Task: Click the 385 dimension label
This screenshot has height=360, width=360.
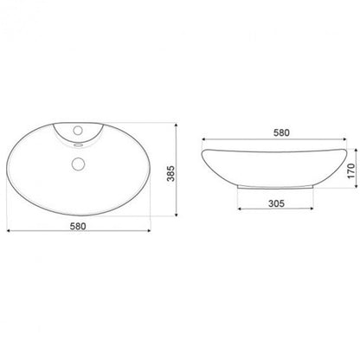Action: pos(171,173)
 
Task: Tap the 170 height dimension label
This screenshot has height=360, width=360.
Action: pos(351,170)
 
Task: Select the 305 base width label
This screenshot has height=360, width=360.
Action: pos(276,203)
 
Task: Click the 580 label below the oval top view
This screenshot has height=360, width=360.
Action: pos(78,226)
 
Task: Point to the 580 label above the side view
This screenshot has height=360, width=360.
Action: pos(281,132)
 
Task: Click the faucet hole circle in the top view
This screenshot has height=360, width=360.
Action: pos(78,131)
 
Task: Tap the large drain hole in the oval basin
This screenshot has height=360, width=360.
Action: pos(78,164)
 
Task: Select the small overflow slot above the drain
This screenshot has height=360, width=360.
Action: pos(78,145)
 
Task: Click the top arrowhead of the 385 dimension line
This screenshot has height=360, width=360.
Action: pos(177,125)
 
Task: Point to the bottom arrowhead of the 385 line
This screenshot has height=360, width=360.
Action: pos(177,214)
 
